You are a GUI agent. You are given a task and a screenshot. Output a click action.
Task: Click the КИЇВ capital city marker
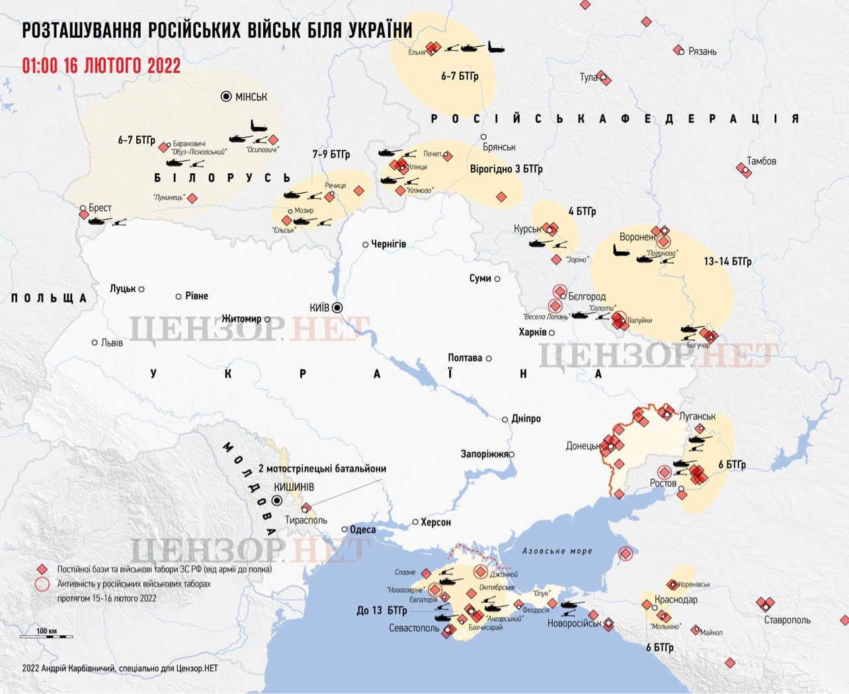pos(337,307)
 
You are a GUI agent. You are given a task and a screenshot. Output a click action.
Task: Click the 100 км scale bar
pos(46,636)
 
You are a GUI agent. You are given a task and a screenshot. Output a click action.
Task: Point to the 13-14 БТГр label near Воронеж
pos(727,262)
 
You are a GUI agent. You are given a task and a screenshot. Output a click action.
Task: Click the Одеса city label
pos(362,529)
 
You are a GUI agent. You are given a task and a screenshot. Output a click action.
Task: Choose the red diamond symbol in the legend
pos(42,569)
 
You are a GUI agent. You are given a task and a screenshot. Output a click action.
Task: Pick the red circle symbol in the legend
pos(42,584)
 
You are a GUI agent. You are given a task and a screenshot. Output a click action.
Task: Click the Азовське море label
pos(557,551)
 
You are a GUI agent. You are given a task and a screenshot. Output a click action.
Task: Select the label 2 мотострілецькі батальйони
pos(322,469)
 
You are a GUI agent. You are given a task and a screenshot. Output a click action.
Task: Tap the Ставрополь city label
pos(787,620)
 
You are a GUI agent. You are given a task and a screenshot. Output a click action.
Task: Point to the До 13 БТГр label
pos(382,610)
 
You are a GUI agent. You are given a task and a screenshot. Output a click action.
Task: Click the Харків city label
pos(532,332)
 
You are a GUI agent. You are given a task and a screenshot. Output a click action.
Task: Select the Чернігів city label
pos(388,244)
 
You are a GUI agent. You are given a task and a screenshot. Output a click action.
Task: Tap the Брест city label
pos(100,208)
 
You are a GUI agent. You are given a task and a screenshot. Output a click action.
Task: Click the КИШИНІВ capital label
pos(294,487)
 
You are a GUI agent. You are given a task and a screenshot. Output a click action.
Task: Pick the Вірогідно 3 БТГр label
pos(506,169)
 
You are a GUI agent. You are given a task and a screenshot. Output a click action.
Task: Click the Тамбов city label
pos(761,161)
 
